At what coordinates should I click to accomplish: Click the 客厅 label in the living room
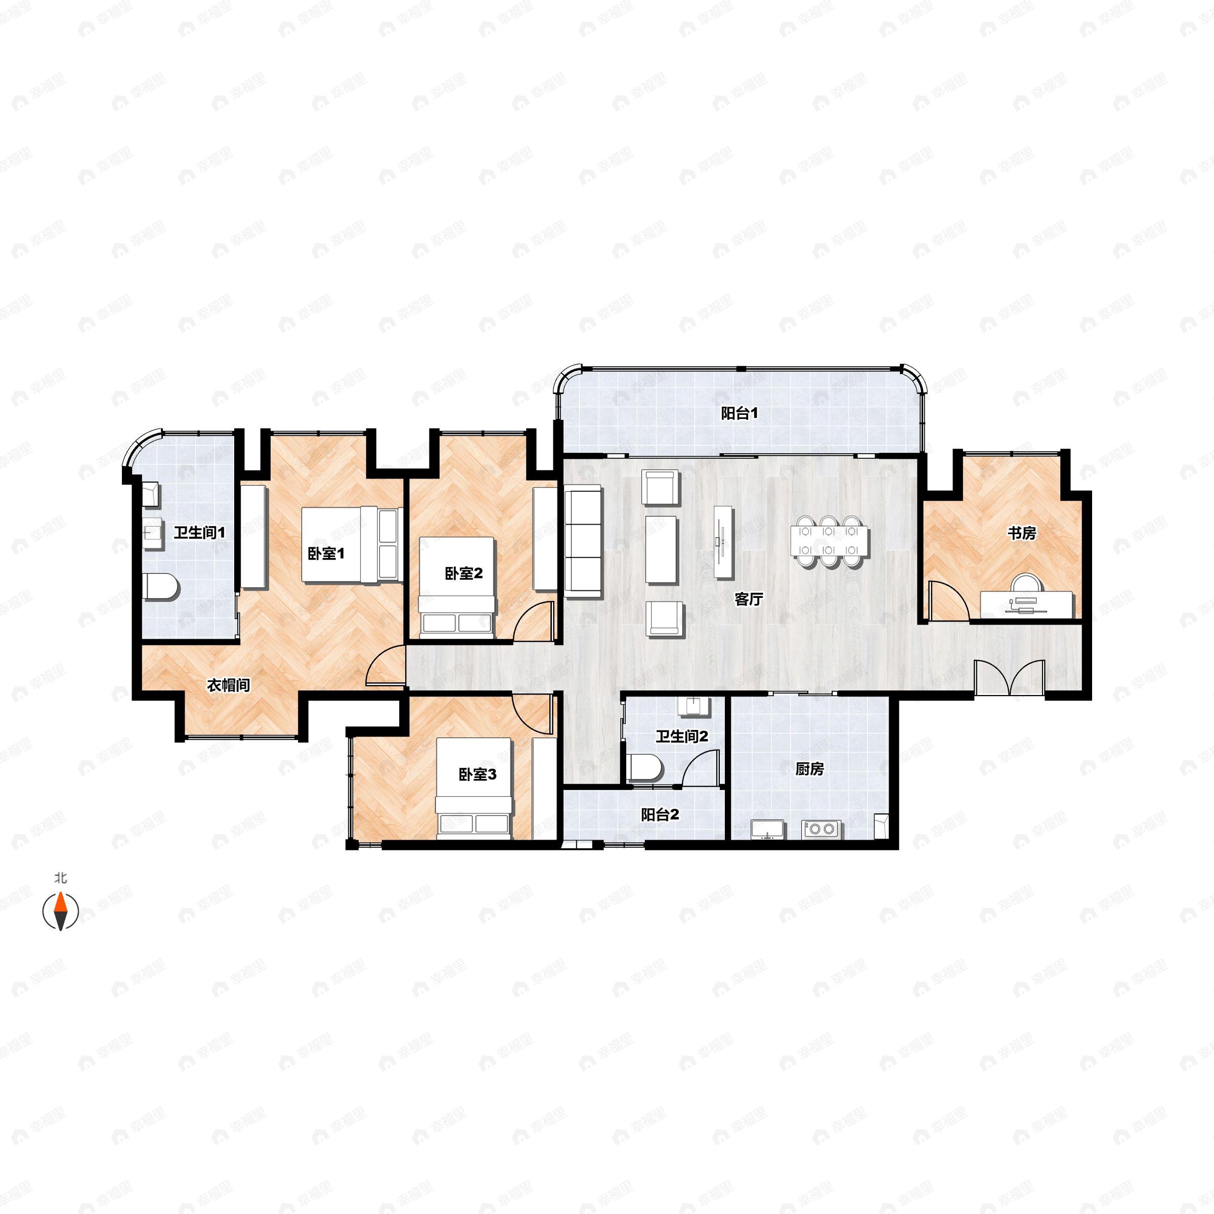tap(749, 599)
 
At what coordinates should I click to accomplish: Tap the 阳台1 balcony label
tap(740, 413)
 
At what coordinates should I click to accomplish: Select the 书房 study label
tap(1021, 533)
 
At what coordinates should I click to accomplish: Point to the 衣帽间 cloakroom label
tap(229, 685)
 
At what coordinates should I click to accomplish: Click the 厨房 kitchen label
tap(809, 768)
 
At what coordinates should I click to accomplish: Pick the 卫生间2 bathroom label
tap(682, 736)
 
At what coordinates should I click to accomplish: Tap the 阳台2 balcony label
tap(660, 815)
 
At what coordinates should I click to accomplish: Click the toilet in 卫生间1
tap(161, 587)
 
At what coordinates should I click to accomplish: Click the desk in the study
tap(1027, 604)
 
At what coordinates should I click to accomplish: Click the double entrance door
tap(1009, 677)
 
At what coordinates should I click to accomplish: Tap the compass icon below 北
tap(60, 910)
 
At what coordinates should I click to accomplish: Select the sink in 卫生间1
tap(151, 534)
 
